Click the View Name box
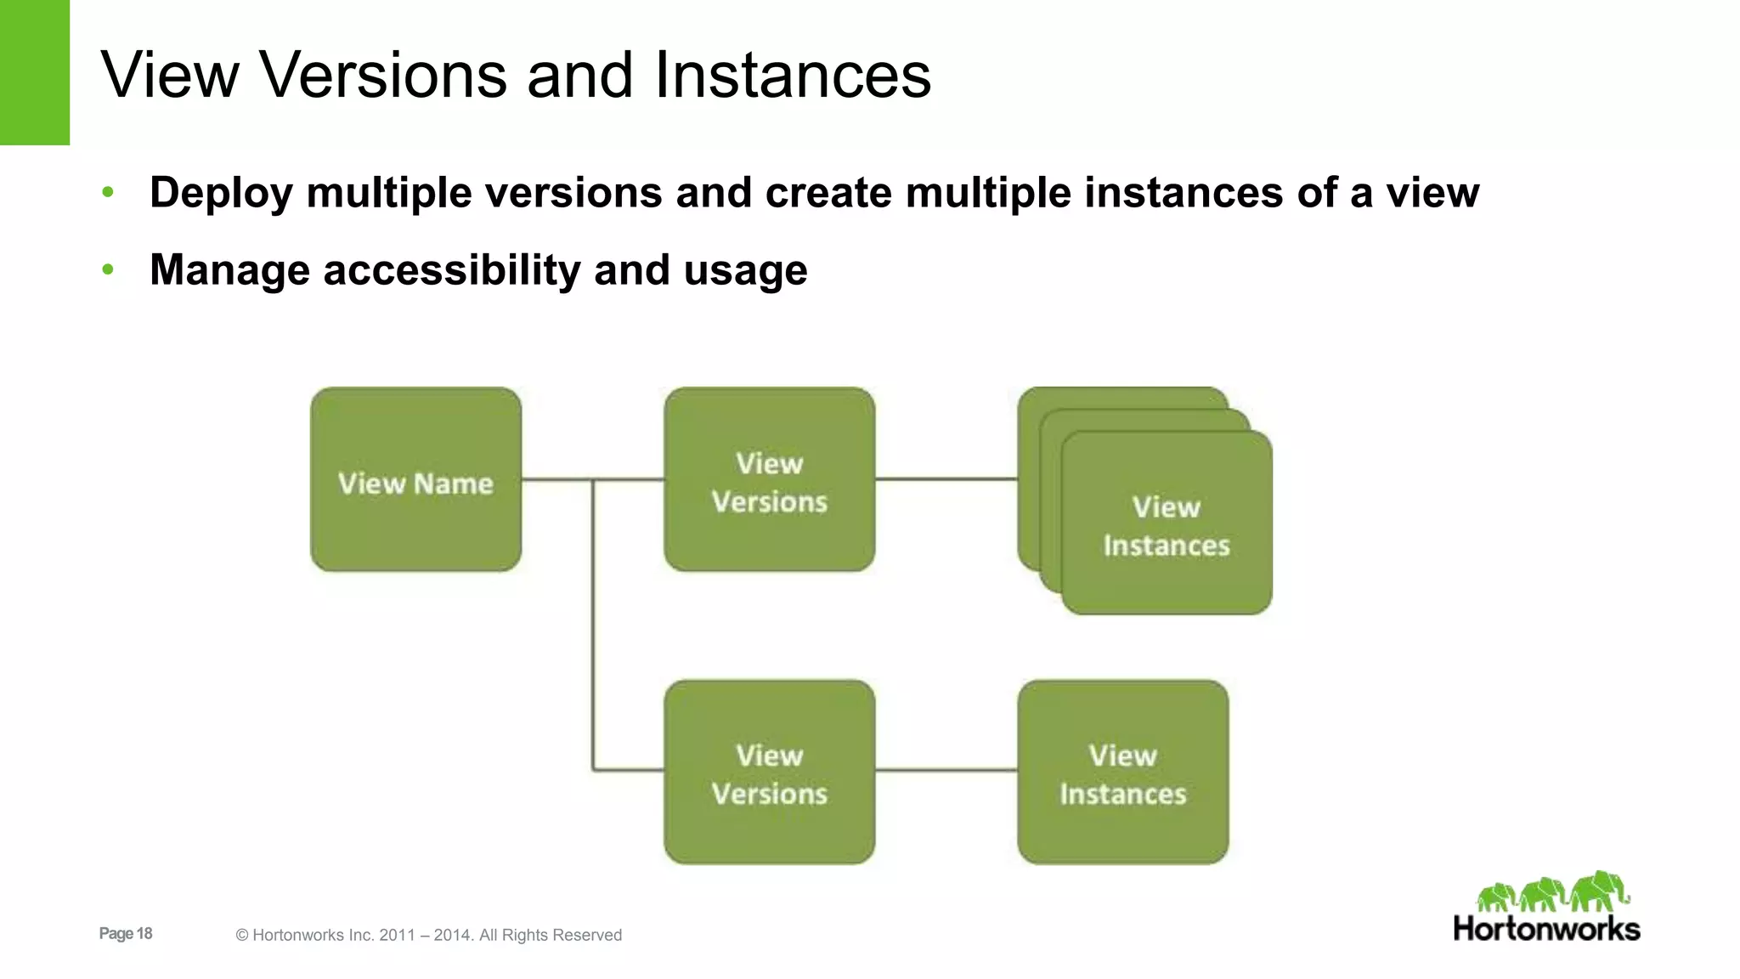pyautogui.click(x=415, y=479)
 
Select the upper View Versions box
pyautogui.click(x=769, y=479)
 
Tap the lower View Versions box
pyautogui.click(x=769, y=772)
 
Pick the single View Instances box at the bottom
pyautogui.click(x=1122, y=772)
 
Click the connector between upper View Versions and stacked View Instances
pyautogui.click(x=946, y=479)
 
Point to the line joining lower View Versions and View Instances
pyautogui.click(x=946, y=771)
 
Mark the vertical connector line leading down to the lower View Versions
pyautogui.click(x=593, y=629)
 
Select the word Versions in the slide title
pyautogui.click(x=384, y=75)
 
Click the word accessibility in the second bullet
pyautogui.click(x=451, y=270)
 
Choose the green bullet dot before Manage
pyautogui.click(x=108, y=270)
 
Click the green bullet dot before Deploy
pyautogui.click(x=108, y=193)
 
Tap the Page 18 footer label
pyautogui.click(x=126, y=933)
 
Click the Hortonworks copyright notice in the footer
pyautogui.click(x=428, y=935)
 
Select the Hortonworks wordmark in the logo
pyautogui.click(x=1546, y=929)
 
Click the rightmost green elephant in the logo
pyautogui.click(x=1599, y=891)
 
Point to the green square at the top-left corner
pyautogui.click(x=35, y=72)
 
